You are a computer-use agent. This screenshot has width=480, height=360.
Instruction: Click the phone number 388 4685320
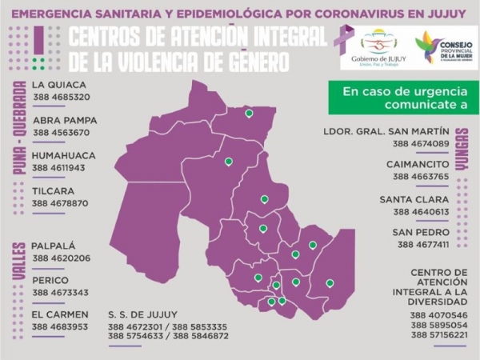pyautogui.click(x=61, y=98)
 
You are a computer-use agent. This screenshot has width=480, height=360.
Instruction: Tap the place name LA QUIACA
pyautogui.click(x=60, y=85)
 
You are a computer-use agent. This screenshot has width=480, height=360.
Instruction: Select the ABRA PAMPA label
pyautogui.click(x=65, y=120)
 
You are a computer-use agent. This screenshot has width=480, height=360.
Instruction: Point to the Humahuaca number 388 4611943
pyautogui.click(x=61, y=168)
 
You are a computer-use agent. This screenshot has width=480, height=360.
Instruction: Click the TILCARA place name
pyautogui.click(x=54, y=191)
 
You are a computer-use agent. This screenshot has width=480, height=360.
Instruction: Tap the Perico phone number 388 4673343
pyautogui.click(x=61, y=293)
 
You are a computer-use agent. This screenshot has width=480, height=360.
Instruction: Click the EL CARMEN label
pyautogui.click(x=60, y=314)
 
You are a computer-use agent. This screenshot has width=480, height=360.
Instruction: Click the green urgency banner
pyautogui.click(x=402, y=98)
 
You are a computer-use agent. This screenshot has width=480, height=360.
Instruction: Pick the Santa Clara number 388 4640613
pyautogui.click(x=420, y=212)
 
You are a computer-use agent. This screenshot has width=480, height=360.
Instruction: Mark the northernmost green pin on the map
pyautogui.click(x=249, y=114)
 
